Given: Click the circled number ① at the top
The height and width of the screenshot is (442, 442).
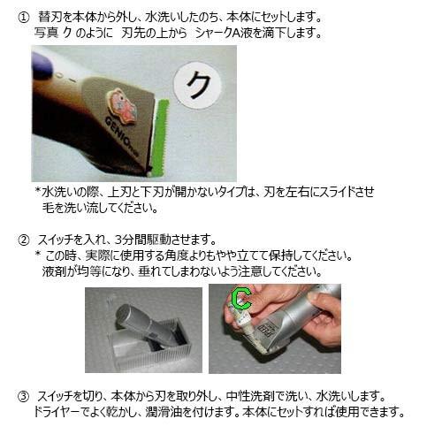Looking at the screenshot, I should tap(25, 17).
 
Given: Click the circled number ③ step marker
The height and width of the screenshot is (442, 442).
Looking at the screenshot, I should tap(25, 394).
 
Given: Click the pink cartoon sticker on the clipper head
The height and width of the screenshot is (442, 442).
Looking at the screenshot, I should tap(123, 106).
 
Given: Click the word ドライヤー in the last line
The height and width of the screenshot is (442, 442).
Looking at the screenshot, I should tap(62, 412).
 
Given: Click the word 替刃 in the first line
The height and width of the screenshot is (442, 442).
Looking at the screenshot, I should tap(51, 17).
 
